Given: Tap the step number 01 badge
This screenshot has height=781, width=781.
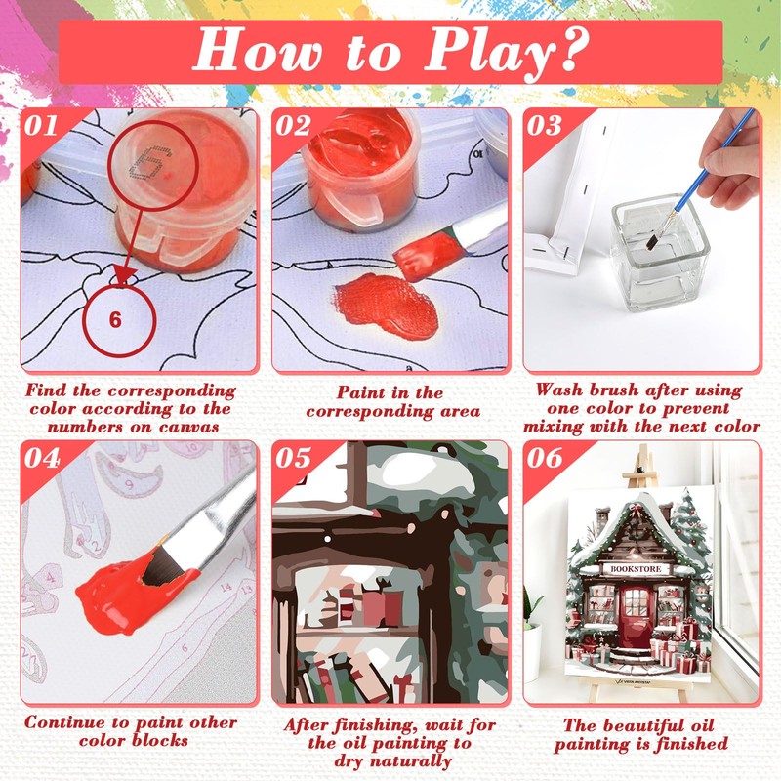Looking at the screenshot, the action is pyautogui.click(x=40, y=126).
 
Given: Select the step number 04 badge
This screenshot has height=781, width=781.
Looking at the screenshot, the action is pyautogui.click(x=42, y=458).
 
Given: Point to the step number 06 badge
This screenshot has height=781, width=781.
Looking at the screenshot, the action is pyautogui.click(x=546, y=458).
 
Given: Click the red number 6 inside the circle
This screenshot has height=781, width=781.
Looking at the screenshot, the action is pyautogui.click(x=115, y=320).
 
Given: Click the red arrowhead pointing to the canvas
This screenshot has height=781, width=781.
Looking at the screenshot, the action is pyautogui.click(x=125, y=275).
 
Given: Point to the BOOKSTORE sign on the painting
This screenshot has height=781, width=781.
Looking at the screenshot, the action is pyautogui.click(x=637, y=569).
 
